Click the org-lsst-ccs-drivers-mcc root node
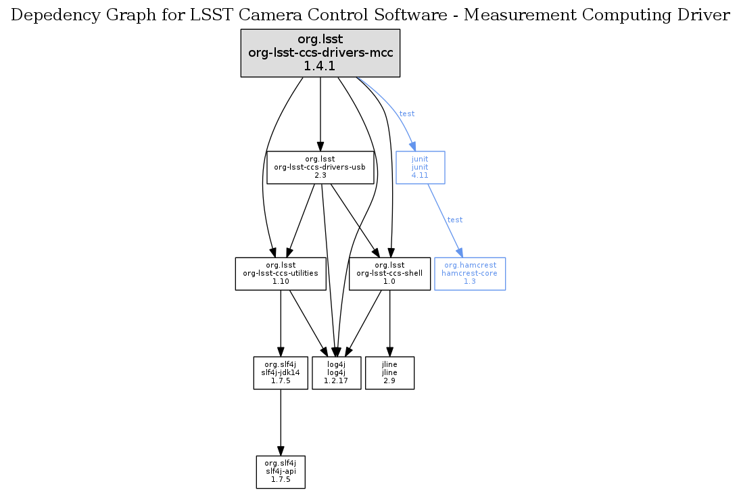pos(320,53)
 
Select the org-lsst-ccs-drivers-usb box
pos(320,167)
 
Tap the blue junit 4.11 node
pos(420,167)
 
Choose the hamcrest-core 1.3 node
pos(470,274)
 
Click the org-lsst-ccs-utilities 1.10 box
pos(281,274)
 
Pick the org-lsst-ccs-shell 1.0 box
pos(389,274)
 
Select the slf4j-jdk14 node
pos(281,373)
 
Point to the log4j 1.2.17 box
pos(336,373)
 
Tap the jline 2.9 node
pos(389,373)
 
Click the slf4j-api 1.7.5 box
pos(281,472)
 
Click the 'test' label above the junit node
pos(407,114)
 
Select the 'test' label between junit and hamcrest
pos(455,220)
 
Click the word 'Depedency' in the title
pos(51,17)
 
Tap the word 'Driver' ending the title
pos(707,17)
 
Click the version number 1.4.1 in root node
pos(320,66)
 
